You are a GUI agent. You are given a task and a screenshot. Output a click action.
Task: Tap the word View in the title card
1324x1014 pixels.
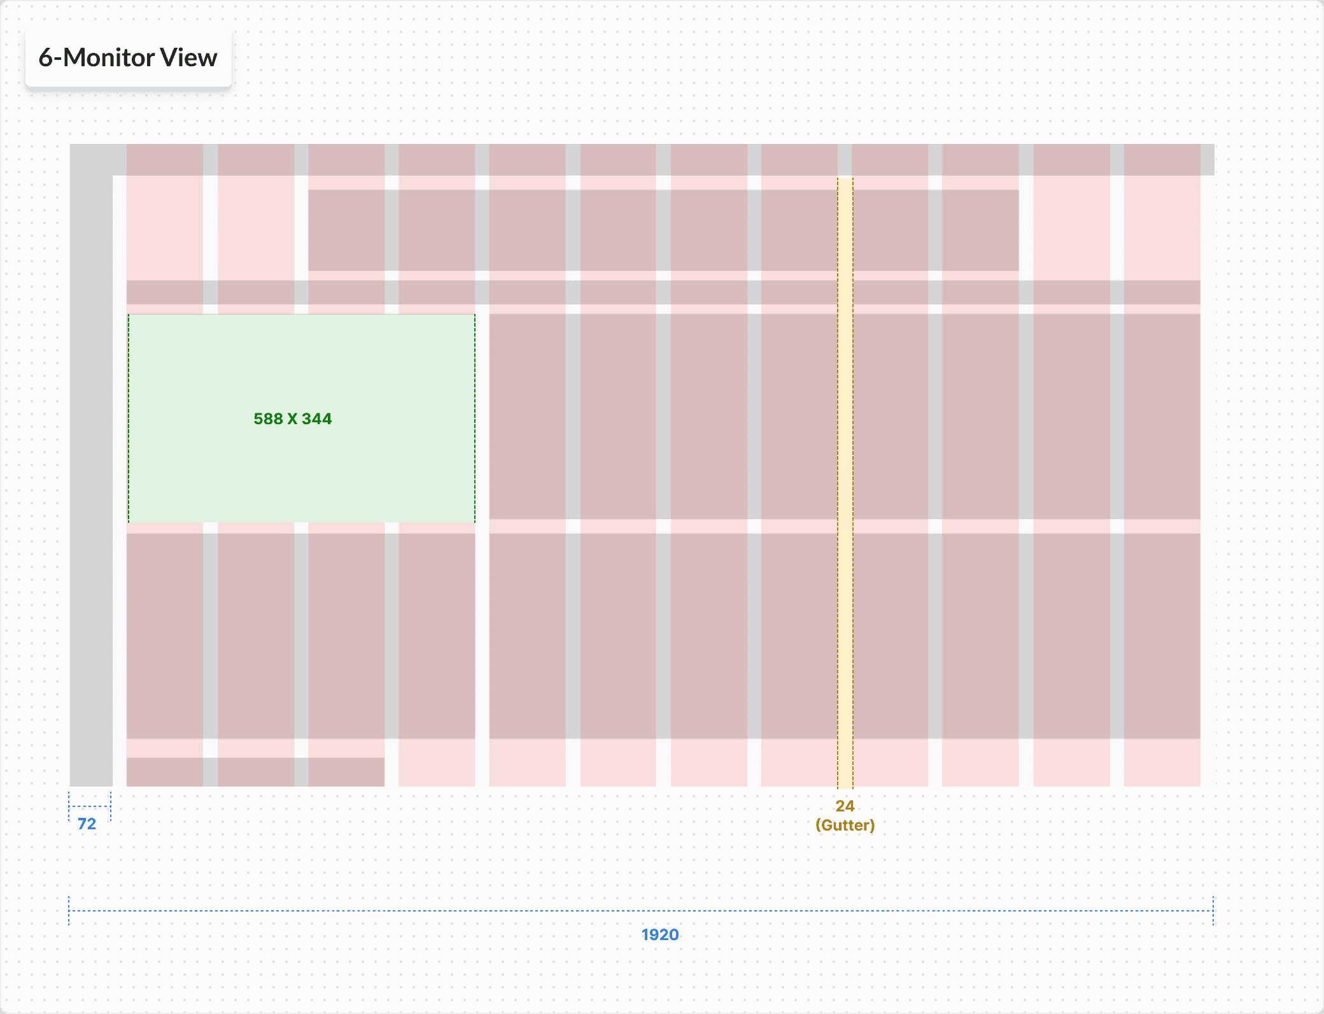188,58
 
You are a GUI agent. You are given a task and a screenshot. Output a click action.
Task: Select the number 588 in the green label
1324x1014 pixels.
268,419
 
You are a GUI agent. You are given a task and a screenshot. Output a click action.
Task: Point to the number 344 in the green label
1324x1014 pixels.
316,419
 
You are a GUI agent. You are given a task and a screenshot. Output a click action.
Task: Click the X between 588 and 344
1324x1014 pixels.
292,419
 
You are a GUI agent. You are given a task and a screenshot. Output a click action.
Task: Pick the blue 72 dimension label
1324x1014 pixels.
87,824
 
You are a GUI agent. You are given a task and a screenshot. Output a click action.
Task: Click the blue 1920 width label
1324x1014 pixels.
659,935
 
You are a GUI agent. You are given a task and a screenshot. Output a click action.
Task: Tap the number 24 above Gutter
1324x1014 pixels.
845,806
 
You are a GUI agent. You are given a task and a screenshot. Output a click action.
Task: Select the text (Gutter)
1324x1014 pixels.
845,825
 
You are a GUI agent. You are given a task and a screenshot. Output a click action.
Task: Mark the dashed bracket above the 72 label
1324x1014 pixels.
90,806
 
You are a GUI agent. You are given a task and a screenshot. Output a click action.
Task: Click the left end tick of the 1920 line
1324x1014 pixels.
69,911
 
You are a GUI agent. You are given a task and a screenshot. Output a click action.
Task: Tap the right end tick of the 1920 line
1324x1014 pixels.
1213,911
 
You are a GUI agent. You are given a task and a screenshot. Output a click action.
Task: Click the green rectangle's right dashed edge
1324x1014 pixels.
475,418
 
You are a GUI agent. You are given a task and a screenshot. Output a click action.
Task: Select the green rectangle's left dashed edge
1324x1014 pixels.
129,418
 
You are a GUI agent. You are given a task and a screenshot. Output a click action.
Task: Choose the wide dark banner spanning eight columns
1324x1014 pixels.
663,230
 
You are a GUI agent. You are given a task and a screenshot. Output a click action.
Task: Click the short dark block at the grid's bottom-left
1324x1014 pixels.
255,772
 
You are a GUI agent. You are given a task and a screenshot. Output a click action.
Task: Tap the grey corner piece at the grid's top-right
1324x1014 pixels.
1208,159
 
